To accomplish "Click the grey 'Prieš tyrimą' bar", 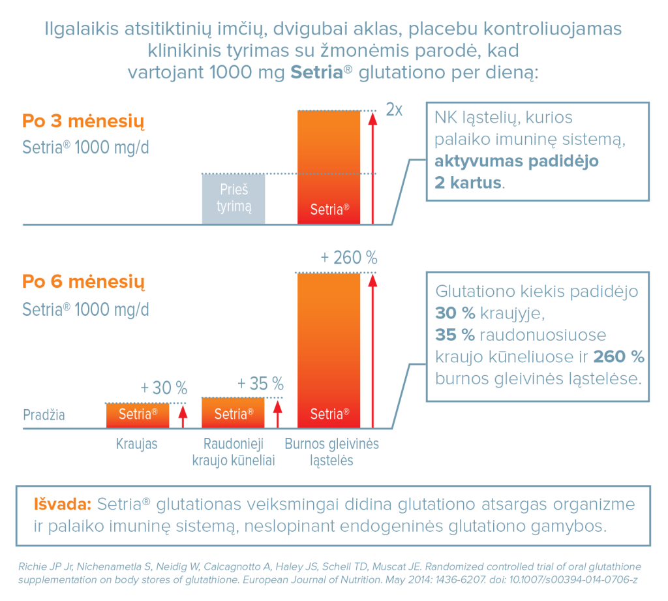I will (x=234, y=198).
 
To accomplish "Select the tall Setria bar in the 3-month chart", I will (x=328, y=167).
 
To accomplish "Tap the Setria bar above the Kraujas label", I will (x=138, y=415).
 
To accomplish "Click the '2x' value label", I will (x=393, y=109).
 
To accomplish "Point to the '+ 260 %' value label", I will (x=349, y=258).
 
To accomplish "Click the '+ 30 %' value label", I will (x=164, y=388).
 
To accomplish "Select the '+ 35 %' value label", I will (x=260, y=383).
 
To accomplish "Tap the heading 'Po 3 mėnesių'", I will (x=83, y=122).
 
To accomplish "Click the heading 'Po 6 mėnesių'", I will (x=83, y=283).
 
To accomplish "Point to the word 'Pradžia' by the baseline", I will (x=44, y=415).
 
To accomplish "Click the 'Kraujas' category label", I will (x=137, y=444).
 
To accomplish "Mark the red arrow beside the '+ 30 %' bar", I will (x=183, y=416).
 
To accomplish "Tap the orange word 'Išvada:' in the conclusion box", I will (x=62, y=505).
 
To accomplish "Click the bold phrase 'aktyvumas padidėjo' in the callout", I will (x=517, y=161).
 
